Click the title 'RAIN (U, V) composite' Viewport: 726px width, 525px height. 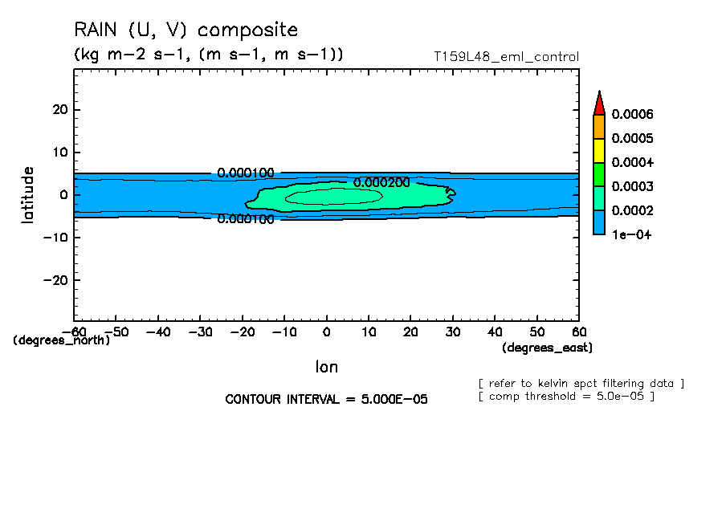[x=186, y=31]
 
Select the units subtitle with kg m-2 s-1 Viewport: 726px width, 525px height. [x=208, y=55]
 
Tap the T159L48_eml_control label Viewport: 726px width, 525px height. [x=505, y=57]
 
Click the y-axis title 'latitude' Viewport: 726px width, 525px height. [x=28, y=194]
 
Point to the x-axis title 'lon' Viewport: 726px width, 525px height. [x=326, y=367]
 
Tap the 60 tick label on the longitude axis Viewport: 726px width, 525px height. [x=578, y=332]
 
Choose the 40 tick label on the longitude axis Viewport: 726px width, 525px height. [x=495, y=332]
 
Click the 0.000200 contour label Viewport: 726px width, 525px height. [x=381, y=182]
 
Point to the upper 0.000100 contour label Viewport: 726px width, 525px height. [x=246, y=173]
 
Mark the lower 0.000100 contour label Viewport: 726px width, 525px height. [x=246, y=218]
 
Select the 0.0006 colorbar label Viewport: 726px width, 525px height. [x=632, y=115]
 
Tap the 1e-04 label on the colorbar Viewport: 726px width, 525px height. [x=629, y=234]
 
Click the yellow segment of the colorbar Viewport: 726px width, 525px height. [x=598, y=150]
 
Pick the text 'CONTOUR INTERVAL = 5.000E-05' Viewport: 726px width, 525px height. [x=326, y=399]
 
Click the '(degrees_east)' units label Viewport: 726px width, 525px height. [x=547, y=348]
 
